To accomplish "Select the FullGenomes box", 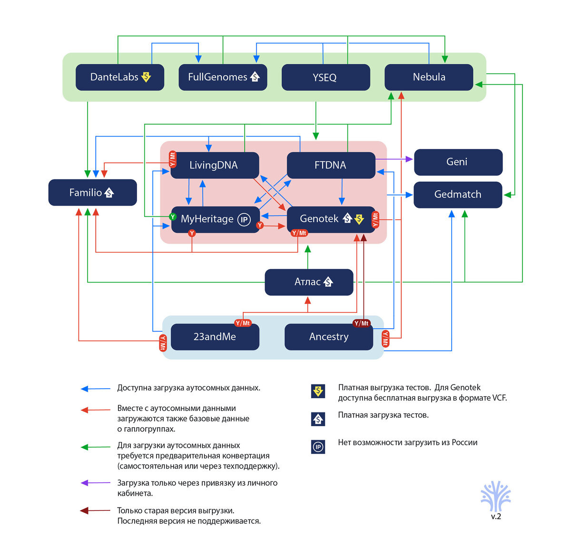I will [223, 77].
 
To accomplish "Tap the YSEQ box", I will [325, 77].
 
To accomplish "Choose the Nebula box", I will [429, 77].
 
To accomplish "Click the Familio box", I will [92, 193].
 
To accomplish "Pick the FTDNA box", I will [331, 165].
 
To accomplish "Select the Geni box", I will [458, 162].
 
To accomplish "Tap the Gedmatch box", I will [458, 195].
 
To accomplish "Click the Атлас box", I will [309, 282].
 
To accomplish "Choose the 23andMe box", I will [215, 337].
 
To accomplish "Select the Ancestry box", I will [329, 337].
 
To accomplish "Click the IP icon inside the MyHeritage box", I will [244, 219].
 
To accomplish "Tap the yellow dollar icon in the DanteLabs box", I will [146, 77].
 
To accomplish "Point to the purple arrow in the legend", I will [96, 483].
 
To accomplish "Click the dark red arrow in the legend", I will [96, 511].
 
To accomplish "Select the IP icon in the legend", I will [318, 447].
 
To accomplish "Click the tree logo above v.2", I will [496, 496].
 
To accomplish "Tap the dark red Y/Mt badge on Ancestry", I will [362, 323].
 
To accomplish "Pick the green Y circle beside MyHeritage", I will [173, 217].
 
